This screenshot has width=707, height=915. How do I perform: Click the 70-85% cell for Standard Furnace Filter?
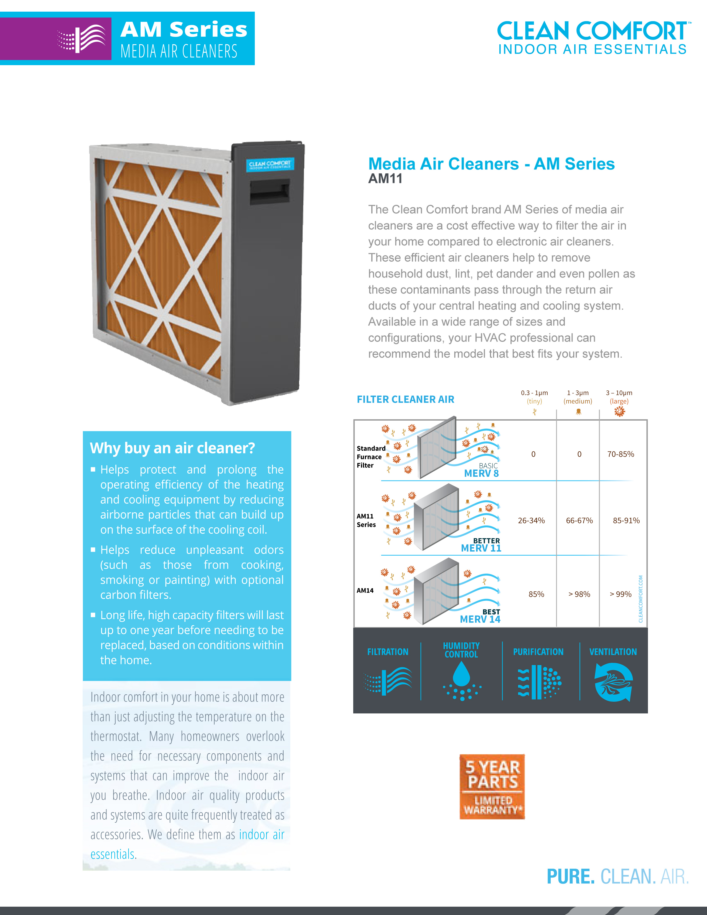pos(620,454)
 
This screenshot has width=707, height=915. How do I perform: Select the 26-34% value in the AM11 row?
pos(531,520)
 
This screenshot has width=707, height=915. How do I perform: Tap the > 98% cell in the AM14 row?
pos(579,594)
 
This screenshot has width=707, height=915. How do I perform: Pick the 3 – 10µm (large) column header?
pos(619,397)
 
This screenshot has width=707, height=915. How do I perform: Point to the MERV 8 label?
pos(481,473)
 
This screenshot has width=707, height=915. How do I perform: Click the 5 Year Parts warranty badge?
pos(492,786)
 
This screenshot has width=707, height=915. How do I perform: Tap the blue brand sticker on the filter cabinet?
pos(270,164)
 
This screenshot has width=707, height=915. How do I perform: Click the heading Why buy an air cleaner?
pos(172,448)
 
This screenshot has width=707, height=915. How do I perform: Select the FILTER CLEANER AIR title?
pos(405,399)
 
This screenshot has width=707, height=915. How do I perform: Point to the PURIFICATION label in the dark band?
pos(538,652)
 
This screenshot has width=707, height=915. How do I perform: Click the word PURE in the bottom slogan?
pos(571,876)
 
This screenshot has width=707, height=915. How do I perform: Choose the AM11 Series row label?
pos(366,520)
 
